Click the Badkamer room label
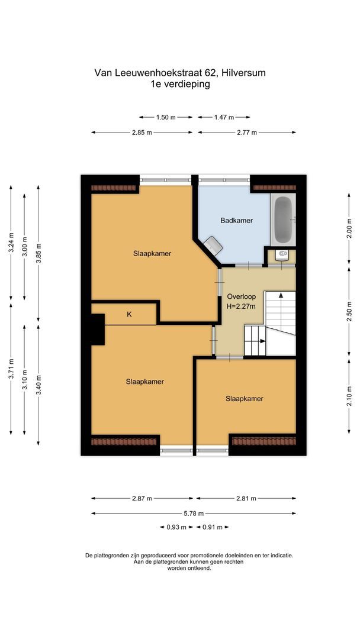coord(236,221)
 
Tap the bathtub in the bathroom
coord(283,220)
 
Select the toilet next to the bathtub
coord(282,255)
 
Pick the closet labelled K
coord(128,315)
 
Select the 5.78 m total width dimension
coord(193,513)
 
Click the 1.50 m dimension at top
coord(166,117)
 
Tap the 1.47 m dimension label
coord(224,117)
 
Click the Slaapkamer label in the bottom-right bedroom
coord(244,399)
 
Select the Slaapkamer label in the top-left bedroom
coord(152,253)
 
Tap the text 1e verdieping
coord(180,84)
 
